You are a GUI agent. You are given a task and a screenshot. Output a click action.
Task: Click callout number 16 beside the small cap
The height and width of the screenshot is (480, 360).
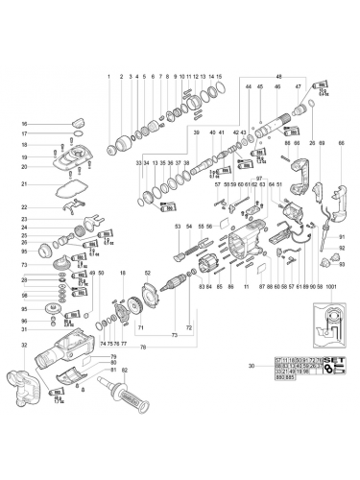tap(25, 124)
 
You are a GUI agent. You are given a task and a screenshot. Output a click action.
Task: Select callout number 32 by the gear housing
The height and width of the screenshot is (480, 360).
tap(25, 345)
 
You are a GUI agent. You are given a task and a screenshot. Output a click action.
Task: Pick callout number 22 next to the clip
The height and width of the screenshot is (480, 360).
tap(25, 207)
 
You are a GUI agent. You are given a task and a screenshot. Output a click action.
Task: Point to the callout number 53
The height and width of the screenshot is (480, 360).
tap(178, 226)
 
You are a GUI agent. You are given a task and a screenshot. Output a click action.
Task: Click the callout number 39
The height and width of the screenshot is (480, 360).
tap(196, 132)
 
